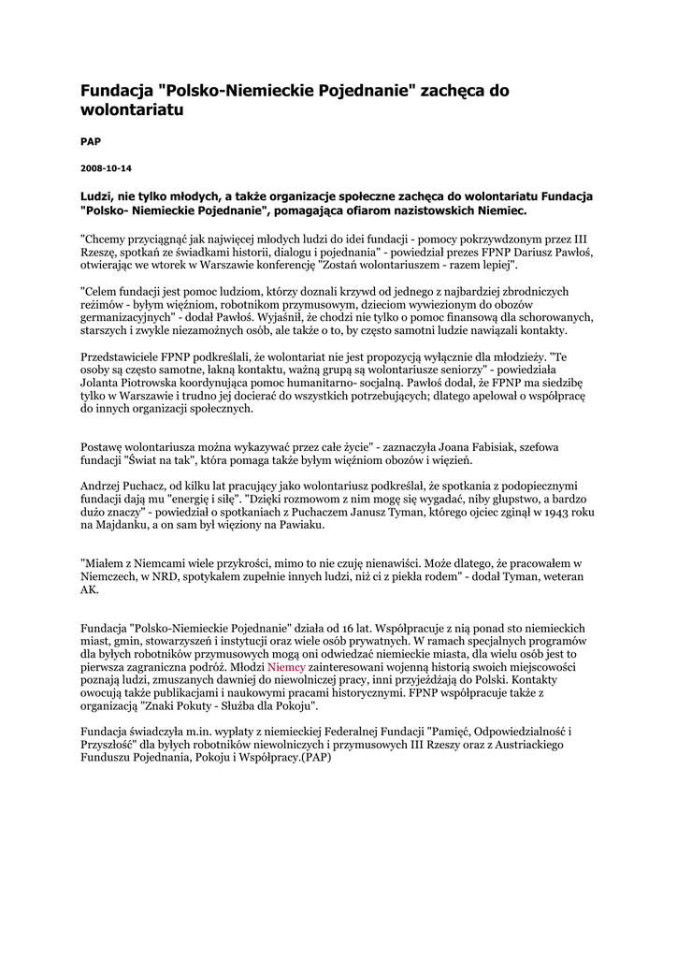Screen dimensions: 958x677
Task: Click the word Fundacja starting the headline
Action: coord(117,91)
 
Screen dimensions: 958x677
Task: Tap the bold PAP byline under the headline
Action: coord(91,141)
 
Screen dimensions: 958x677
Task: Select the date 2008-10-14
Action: coord(106,168)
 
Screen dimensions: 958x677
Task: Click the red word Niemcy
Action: coord(287,668)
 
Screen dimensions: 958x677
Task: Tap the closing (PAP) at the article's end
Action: coord(315,758)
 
